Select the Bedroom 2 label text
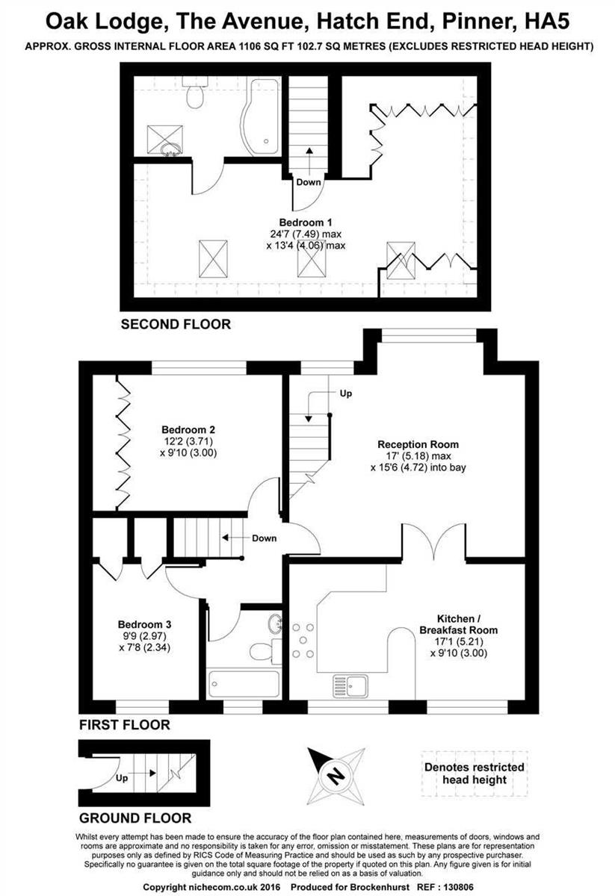click(188, 429)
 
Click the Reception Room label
click(418, 444)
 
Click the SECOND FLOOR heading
click(176, 324)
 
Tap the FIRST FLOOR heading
click(125, 724)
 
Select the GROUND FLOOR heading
click(135, 818)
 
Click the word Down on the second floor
click(308, 182)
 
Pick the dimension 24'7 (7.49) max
click(305, 234)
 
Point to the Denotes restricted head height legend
click(474, 773)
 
